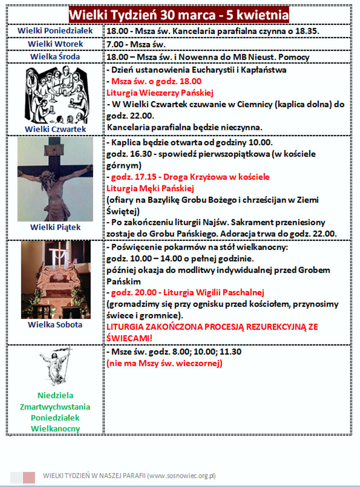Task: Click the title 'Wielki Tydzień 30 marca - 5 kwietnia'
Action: tap(179, 15)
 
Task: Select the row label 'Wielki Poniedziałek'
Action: tap(55, 31)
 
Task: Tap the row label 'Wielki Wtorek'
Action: tap(55, 44)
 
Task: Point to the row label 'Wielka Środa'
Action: tap(55, 57)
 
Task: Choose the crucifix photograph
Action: tap(55, 179)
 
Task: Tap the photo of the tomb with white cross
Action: tap(55, 280)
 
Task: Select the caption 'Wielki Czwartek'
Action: tap(55, 129)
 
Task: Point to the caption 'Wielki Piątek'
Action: tap(55, 227)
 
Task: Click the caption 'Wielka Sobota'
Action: tap(55, 325)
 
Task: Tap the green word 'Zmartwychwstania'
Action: tap(55, 407)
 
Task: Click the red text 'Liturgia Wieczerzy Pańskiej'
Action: tap(160, 93)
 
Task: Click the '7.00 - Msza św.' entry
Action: tap(136, 44)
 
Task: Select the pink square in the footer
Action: tap(29, 477)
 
